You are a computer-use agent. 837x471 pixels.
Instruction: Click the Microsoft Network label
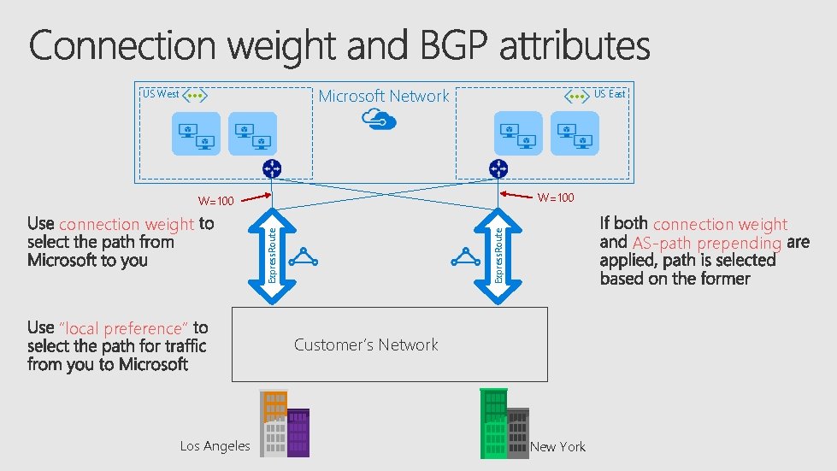tap(383, 97)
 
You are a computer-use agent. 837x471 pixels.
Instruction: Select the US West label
tap(160, 94)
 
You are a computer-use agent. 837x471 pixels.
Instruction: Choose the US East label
tap(610, 94)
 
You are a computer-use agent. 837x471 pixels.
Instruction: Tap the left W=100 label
tap(215, 202)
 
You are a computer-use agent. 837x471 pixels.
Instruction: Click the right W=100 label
tap(555, 198)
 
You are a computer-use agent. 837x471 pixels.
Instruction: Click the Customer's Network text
tap(366, 344)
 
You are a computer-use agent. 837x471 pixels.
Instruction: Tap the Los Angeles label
tap(215, 445)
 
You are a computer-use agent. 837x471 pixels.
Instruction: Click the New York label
tap(557, 446)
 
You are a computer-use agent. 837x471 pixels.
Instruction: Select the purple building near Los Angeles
tap(298, 433)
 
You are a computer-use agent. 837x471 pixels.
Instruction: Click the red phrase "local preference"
tap(123, 328)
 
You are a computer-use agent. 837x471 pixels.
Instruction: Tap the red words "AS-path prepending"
tap(706, 243)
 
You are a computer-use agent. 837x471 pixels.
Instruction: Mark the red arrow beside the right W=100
tap(516, 196)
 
